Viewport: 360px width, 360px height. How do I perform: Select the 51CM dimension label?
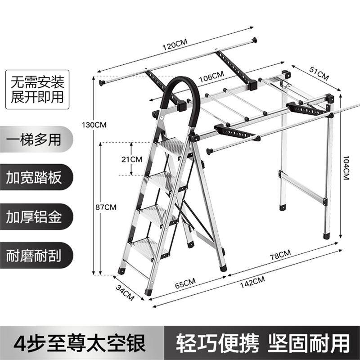click(318, 72)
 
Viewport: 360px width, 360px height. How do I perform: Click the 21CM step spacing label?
click(132, 159)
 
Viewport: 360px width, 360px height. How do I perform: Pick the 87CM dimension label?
click(106, 207)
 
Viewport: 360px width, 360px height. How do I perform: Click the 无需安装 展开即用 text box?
click(38, 90)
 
